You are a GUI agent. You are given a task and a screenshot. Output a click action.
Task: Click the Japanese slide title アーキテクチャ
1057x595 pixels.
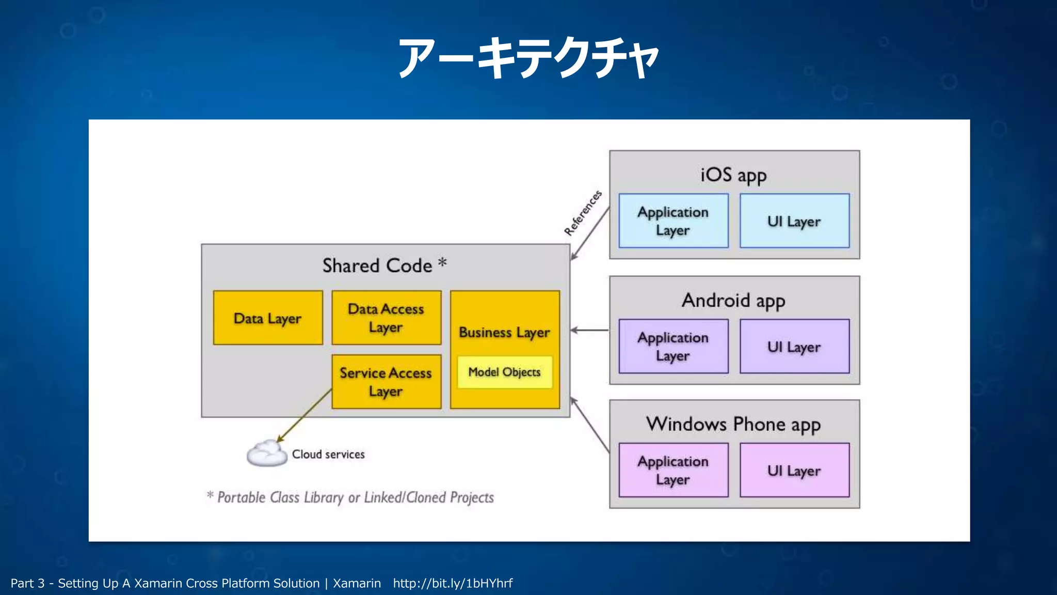coord(528,58)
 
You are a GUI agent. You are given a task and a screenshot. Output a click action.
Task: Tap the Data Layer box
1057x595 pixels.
coord(267,318)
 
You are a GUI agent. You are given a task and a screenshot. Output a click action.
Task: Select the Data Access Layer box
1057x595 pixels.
coord(386,318)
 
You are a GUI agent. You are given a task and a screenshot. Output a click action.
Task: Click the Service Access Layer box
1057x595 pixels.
coord(386,382)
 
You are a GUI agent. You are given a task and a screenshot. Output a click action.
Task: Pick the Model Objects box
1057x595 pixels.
coord(504,372)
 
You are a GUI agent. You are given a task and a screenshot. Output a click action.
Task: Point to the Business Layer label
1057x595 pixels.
coord(504,332)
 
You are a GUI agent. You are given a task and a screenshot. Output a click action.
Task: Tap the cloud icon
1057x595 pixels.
coord(267,453)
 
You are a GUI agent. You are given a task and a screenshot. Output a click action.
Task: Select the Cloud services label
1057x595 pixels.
coord(328,454)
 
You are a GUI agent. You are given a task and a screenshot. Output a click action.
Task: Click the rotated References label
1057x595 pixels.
coord(583,213)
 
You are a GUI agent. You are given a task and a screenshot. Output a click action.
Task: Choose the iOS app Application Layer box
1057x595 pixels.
coord(673,221)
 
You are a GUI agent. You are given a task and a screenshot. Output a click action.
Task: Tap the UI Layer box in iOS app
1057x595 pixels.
coord(794,221)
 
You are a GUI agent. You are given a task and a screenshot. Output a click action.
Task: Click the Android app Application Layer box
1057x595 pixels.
coord(673,346)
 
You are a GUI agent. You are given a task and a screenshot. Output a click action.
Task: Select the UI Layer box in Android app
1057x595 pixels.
coord(794,346)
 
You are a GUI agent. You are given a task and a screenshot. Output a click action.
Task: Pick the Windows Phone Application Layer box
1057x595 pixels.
coord(673,470)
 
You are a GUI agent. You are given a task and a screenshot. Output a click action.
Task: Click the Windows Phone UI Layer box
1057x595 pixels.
coord(794,470)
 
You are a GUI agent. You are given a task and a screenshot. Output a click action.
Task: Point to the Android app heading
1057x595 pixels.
coord(733,300)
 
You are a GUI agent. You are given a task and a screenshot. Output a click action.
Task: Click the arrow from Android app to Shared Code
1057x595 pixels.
coord(589,330)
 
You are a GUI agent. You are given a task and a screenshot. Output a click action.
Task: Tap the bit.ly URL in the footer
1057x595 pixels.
coord(453,583)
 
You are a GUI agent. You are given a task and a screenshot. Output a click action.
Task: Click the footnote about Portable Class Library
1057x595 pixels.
coord(351,497)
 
